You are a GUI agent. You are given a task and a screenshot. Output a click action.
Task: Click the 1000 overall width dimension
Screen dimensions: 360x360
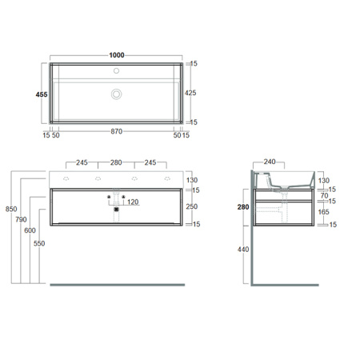(117, 55)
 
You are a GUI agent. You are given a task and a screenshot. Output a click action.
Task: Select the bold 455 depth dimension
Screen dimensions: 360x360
(42, 94)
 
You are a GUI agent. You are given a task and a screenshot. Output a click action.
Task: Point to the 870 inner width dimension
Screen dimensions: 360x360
(117, 131)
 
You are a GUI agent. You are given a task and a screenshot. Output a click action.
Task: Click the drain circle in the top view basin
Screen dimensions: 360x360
(117, 94)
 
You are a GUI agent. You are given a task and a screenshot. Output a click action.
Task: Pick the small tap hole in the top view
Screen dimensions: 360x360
(117, 70)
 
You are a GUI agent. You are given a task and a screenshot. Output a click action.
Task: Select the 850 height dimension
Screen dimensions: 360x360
(10, 209)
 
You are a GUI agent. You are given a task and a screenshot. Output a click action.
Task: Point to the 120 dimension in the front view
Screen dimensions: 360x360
(133, 202)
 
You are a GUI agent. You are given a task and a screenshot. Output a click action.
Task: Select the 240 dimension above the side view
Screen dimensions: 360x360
(270, 162)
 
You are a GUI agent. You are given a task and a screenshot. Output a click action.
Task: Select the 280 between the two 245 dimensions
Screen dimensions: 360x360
(117, 162)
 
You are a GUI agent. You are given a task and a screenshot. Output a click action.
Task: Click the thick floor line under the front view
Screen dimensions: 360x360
(117, 284)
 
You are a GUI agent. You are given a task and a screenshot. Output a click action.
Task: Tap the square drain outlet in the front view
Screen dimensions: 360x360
(117, 209)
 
